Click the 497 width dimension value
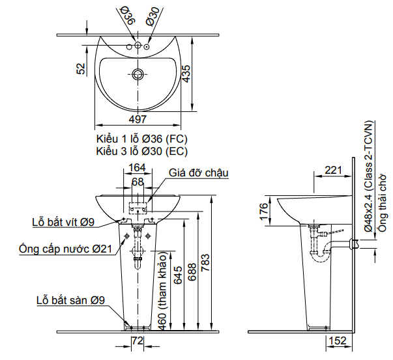[x=138, y=119]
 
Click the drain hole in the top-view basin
[x=137, y=74]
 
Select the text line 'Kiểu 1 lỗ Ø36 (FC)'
[x=141, y=139]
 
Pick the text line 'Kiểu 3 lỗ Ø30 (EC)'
[x=141, y=151]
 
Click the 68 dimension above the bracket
[x=138, y=182]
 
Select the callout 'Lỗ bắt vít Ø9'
[x=63, y=221]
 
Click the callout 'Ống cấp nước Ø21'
[x=65, y=248]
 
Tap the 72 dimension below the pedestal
[x=138, y=341]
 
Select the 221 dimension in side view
[x=333, y=171]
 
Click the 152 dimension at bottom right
[x=337, y=341]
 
